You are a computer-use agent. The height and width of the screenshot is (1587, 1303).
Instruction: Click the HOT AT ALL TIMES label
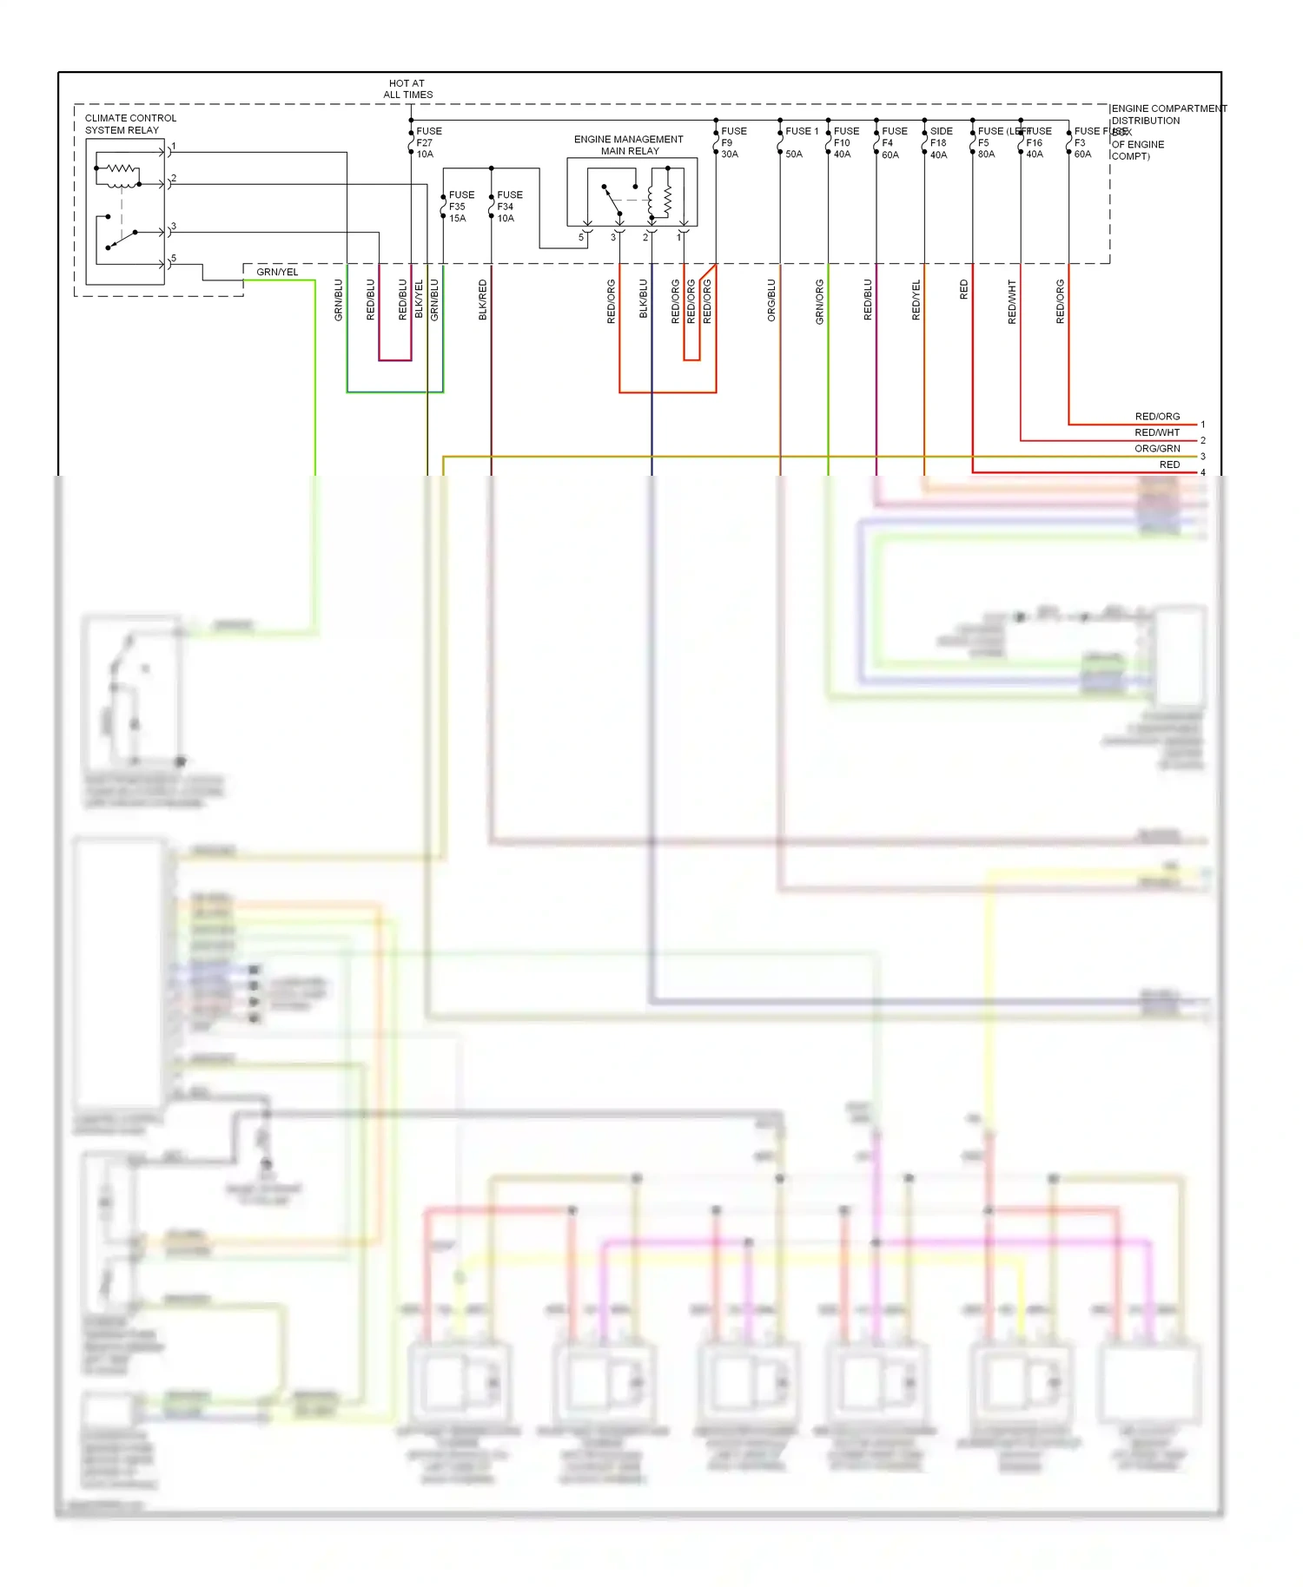pyautogui.click(x=407, y=89)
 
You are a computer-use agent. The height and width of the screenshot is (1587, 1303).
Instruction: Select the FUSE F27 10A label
pyautogui.click(x=428, y=142)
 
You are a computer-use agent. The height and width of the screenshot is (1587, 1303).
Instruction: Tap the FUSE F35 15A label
pyautogui.click(x=460, y=207)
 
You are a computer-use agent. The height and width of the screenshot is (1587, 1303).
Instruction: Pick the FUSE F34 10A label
pyautogui.click(x=509, y=207)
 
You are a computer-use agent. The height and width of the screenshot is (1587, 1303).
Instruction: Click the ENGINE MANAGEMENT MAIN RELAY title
pyautogui.click(x=629, y=145)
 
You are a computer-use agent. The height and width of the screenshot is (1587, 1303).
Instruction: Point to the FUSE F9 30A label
pyautogui.click(x=733, y=142)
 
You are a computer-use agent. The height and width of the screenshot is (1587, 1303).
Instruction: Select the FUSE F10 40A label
pyautogui.click(x=845, y=142)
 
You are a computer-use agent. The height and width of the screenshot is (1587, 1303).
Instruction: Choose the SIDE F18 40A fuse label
pyautogui.click(x=941, y=142)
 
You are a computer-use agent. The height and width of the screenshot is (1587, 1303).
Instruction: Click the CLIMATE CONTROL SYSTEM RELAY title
pyautogui.click(x=130, y=124)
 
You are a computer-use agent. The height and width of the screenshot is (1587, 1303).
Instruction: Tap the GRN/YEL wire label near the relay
pyautogui.click(x=277, y=273)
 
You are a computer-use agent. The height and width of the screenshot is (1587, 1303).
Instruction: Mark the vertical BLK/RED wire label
pyautogui.click(x=483, y=300)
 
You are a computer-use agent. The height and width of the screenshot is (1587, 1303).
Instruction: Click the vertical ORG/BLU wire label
pyautogui.click(x=771, y=300)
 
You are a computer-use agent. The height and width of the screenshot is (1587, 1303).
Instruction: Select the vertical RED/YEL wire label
pyautogui.click(x=916, y=300)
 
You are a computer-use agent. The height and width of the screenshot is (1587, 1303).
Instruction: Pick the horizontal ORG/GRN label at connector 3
pyautogui.click(x=1156, y=449)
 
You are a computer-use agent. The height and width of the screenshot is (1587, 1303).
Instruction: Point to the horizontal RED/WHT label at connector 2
pyautogui.click(x=1156, y=432)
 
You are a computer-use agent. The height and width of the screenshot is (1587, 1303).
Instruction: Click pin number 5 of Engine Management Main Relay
pyautogui.click(x=581, y=237)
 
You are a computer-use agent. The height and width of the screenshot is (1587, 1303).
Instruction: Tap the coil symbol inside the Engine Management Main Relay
pyautogui.click(x=667, y=201)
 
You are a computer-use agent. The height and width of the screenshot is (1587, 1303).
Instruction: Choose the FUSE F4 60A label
pyautogui.click(x=892, y=142)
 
